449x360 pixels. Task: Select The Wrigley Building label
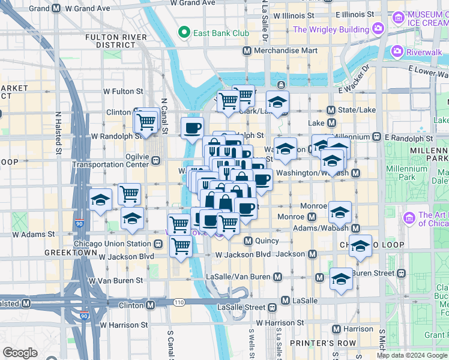tap(331, 29)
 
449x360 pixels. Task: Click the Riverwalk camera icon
tap(397, 52)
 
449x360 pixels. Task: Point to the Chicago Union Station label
tap(112, 244)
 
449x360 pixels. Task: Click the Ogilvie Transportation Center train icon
tap(156, 161)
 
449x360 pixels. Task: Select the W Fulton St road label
tap(123, 91)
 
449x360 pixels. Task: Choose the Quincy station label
tap(267, 241)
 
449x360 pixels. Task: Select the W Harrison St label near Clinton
tap(124, 325)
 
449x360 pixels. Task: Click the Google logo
tap(20, 352)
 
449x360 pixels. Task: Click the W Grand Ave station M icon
tap(56, 9)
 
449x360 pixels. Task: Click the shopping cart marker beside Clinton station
tap(146, 122)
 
